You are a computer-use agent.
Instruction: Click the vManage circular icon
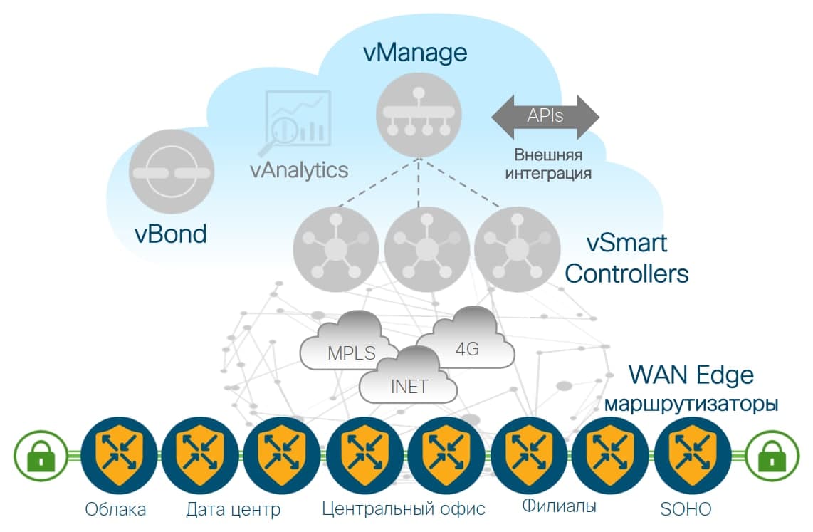[418, 113]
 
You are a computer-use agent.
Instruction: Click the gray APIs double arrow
[545, 117]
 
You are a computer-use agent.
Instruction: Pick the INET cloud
[409, 377]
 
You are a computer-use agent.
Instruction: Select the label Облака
[115, 509]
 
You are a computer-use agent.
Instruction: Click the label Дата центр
[234, 509]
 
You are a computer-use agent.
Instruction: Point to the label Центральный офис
[403, 508]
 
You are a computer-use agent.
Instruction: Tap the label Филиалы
[559, 506]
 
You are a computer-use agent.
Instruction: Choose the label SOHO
[685, 509]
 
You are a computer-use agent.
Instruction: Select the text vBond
[171, 234]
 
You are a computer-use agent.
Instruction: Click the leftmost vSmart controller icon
[336, 249]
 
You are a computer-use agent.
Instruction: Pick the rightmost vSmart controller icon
[518, 249]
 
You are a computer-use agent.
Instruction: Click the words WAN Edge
[691, 375]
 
